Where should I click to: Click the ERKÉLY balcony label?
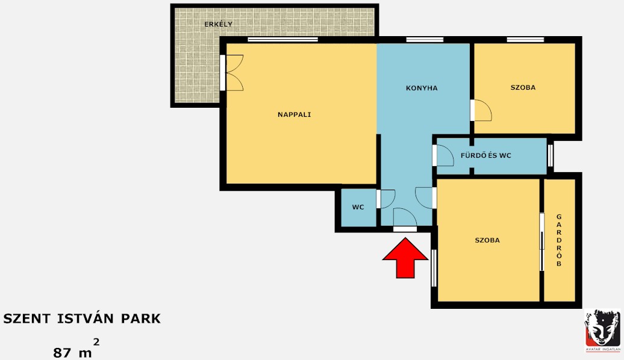(x=218, y=24)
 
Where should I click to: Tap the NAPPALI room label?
(x=294, y=114)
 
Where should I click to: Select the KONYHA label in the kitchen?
(x=422, y=88)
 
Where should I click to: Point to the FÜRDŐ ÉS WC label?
(x=485, y=155)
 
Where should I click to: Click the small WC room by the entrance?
(x=358, y=207)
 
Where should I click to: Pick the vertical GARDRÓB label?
(x=559, y=240)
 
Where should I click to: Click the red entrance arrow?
(x=405, y=258)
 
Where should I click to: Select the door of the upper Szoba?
(x=481, y=110)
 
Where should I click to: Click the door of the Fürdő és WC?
(x=443, y=155)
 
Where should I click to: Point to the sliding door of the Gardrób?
(x=541, y=241)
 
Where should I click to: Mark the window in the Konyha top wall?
(x=425, y=39)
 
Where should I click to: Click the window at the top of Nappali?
(x=282, y=39)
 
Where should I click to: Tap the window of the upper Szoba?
(x=525, y=39)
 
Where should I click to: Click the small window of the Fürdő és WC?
(x=550, y=155)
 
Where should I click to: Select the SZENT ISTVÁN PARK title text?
(x=82, y=318)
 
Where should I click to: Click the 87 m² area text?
(x=76, y=349)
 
